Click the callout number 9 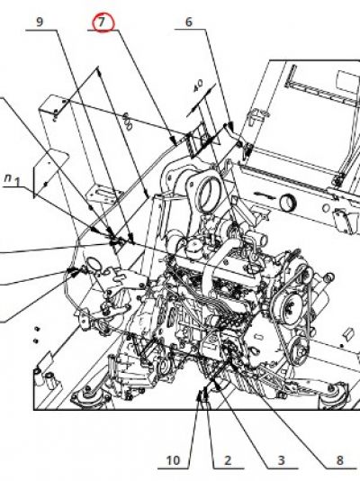pos(40,22)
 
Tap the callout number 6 pos(189,22)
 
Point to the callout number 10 pos(174,460)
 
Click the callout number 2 pos(228,460)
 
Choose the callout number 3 pos(281,460)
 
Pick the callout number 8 pos(339,460)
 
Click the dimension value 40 pos(198,86)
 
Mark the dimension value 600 pos(128,122)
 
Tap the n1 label pos(13,180)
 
